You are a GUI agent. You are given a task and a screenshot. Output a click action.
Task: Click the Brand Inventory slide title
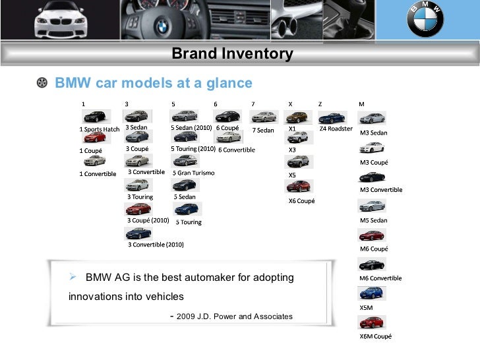[x=232, y=54]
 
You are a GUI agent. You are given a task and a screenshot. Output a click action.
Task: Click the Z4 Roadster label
[x=336, y=129]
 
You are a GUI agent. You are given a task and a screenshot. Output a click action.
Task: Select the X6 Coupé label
[x=301, y=200]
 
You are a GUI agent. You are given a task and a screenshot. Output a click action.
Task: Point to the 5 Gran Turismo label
[x=193, y=173]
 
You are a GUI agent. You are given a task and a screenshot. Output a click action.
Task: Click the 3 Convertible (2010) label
[x=156, y=245]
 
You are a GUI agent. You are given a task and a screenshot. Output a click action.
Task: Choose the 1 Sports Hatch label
[x=100, y=129]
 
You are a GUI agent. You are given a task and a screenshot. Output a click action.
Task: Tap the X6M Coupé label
[x=375, y=336]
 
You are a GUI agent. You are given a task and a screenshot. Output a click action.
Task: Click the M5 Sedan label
[x=373, y=220]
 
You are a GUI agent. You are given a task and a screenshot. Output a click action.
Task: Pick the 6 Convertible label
[x=236, y=150]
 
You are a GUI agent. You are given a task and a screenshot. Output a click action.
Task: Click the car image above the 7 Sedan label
[x=264, y=117]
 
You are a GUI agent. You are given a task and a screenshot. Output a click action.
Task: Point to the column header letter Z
[x=320, y=104]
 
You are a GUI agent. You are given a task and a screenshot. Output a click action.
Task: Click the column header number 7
[x=254, y=104]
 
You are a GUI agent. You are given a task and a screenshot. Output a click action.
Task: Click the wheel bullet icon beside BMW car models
[x=43, y=83]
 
